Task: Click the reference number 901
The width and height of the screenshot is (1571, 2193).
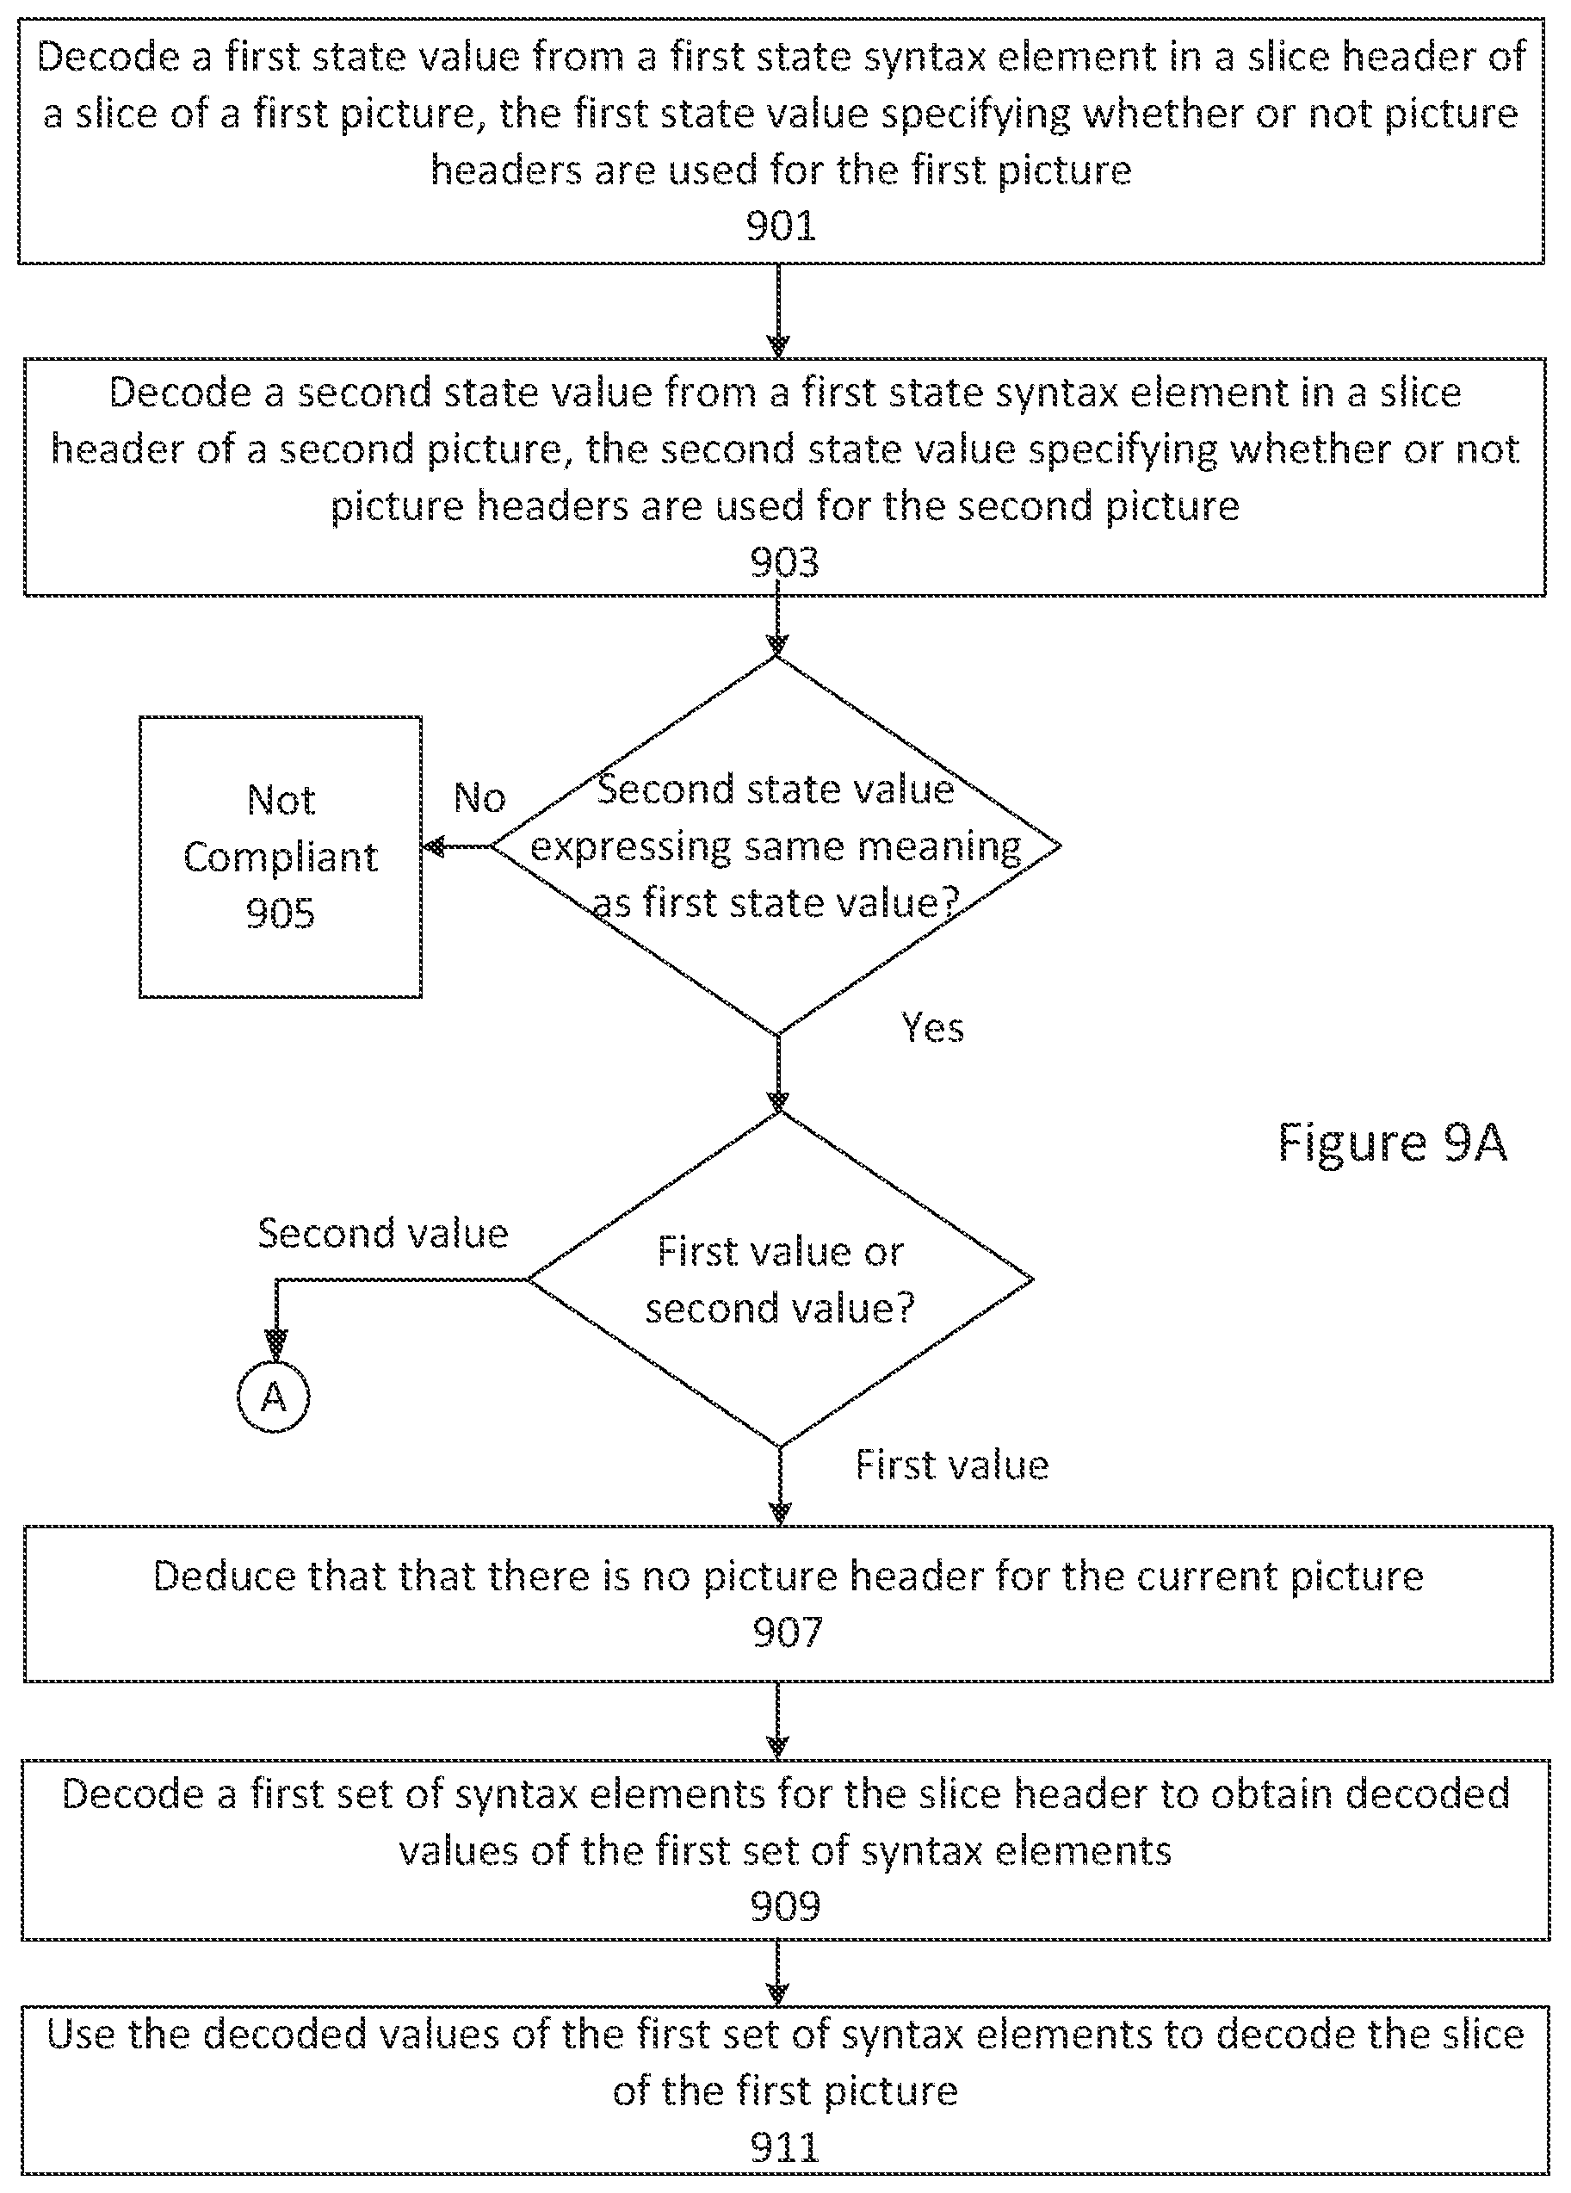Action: point(780,226)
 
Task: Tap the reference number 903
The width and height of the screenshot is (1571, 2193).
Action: point(784,561)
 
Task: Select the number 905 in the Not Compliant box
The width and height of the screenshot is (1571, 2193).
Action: point(281,913)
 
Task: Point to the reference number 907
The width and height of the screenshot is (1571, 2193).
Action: point(788,1632)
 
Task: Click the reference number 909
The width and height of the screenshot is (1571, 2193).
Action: point(785,1905)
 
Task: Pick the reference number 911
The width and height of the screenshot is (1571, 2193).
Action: point(785,2147)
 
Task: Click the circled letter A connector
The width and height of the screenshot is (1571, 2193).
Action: point(274,1397)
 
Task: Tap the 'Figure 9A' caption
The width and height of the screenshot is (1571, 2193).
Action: point(1392,1142)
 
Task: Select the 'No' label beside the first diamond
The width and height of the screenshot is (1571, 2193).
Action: point(479,797)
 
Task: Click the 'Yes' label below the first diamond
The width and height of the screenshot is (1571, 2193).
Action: point(932,1027)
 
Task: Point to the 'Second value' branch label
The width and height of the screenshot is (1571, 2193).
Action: point(383,1233)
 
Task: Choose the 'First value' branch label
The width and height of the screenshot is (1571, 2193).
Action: point(952,1465)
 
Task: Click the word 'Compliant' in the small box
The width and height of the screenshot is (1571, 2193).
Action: point(281,858)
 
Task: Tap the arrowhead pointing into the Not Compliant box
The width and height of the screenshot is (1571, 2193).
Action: point(432,847)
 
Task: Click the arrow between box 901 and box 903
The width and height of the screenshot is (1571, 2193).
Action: point(778,310)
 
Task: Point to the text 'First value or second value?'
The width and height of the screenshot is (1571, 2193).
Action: point(780,1280)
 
